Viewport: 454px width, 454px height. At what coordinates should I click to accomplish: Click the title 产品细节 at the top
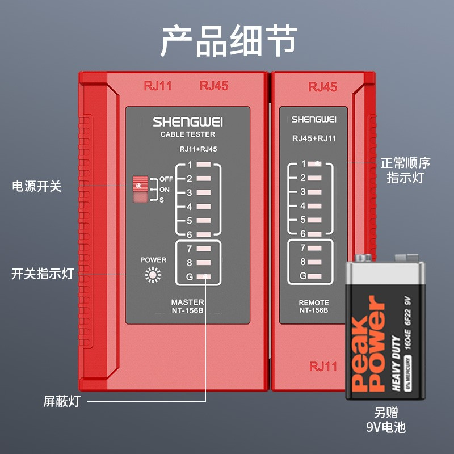click(228, 40)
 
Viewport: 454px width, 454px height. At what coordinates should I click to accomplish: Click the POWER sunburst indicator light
click(153, 275)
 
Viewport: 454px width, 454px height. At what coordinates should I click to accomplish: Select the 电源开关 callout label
click(36, 186)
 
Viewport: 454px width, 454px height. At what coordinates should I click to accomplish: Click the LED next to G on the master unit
click(204, 278)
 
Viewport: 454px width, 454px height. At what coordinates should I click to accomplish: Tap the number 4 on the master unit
click(190, 207)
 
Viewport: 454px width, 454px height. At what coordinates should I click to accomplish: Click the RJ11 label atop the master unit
click(158, 86)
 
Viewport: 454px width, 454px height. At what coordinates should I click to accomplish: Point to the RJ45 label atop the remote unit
click(322, 87)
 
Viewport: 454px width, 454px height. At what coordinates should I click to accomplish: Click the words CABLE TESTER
click(188, 134)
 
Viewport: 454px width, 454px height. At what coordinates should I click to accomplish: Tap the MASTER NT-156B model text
click(187, 306)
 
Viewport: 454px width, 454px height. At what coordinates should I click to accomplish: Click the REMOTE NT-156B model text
click(313, 307)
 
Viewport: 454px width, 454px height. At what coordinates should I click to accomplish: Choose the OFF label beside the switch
click(166, 179)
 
